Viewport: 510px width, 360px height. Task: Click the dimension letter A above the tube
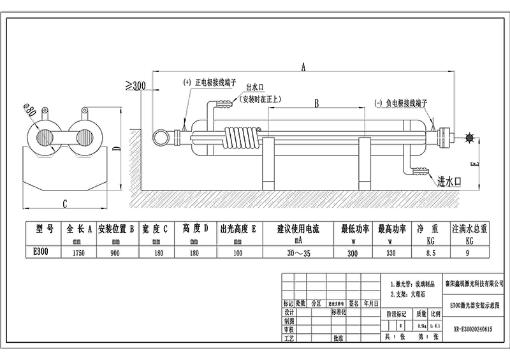[303, 66]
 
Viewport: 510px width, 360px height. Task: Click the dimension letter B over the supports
[317, 103]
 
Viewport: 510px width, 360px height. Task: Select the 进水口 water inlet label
[449, 182]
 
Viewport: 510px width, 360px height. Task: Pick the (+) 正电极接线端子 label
[210, 83]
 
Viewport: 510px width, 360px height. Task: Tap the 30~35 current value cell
[298, 252]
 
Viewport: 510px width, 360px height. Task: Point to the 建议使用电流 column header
[298, 228]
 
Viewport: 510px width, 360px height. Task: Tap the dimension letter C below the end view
[66, 204]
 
